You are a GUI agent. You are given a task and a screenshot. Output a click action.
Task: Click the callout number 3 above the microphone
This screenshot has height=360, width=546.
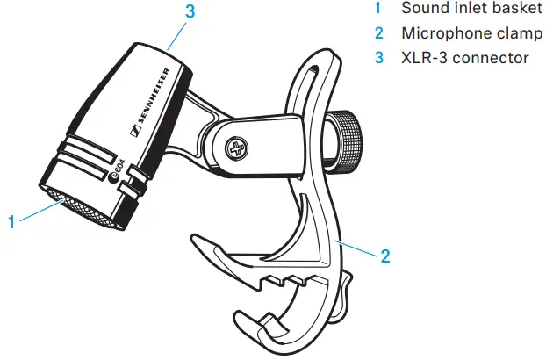(189, 12)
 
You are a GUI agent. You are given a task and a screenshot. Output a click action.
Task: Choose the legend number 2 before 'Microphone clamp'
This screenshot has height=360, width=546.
(378, 33)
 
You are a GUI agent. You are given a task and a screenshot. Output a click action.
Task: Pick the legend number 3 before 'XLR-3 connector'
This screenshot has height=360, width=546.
(378, 58)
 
